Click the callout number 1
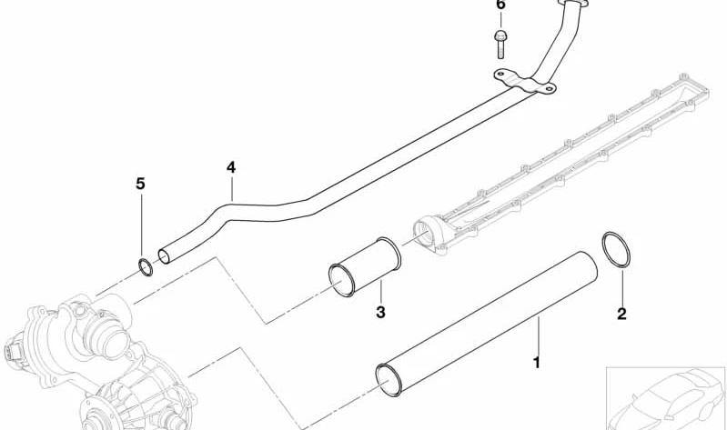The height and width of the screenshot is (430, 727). (537, 363)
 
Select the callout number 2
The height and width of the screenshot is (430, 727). (621, 314)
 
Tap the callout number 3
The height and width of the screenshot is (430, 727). (380, 312)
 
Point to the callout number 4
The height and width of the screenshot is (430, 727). (231, 167)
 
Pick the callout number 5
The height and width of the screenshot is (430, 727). (140, 184)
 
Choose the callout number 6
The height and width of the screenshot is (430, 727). (500, 5)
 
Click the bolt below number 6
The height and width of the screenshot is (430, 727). (500, 45)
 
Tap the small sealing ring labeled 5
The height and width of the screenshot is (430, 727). (146, 267)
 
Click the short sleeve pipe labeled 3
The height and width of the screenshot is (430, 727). (365, 266)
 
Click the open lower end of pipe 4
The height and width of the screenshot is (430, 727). (164, 256)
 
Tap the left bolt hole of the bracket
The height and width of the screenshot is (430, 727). (500, 74)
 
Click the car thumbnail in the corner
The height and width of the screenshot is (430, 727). (666, 398)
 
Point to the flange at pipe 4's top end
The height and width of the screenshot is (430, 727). (571, 4)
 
